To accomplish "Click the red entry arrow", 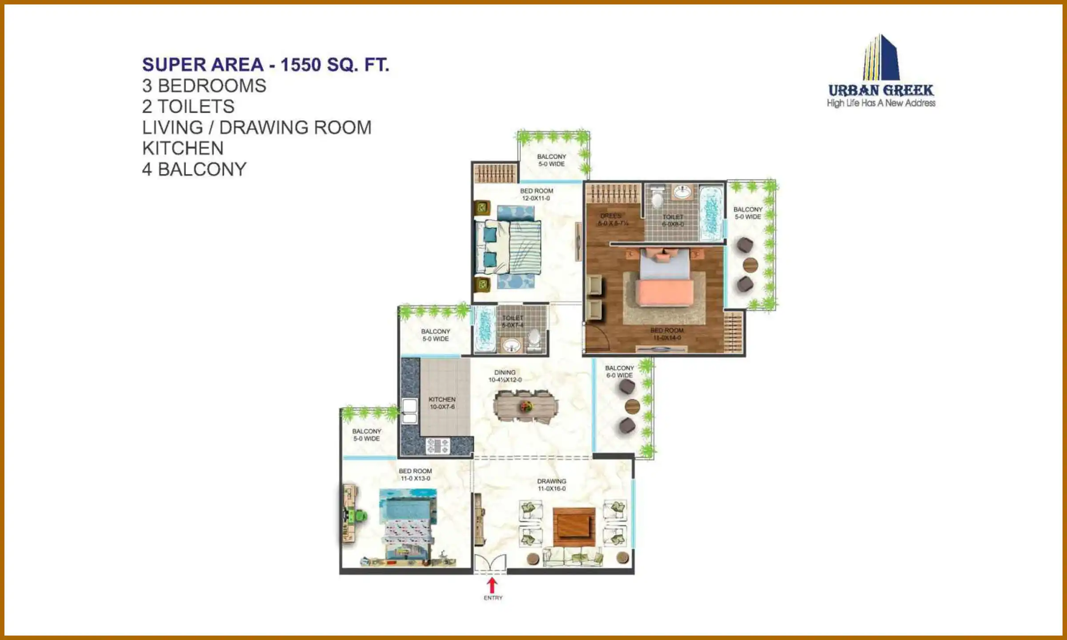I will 492,584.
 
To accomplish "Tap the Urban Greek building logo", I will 881,58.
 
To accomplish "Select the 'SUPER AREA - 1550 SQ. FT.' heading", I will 265,65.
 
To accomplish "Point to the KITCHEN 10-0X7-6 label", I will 442,403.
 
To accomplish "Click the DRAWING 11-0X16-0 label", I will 551,485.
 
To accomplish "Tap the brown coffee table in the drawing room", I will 574,527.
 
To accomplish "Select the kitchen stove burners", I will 438,446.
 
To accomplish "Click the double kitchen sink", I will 409,411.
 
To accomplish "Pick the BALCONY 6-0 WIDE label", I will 619,372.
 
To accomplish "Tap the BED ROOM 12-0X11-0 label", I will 536,195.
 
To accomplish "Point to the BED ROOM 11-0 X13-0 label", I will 415,475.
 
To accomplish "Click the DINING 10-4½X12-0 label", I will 505,376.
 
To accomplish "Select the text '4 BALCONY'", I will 194,169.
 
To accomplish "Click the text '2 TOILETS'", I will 188,107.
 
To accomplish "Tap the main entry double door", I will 489,564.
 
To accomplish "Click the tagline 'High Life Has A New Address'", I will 881,103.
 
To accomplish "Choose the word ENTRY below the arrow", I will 493,598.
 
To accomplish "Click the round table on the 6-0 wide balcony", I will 632,406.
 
